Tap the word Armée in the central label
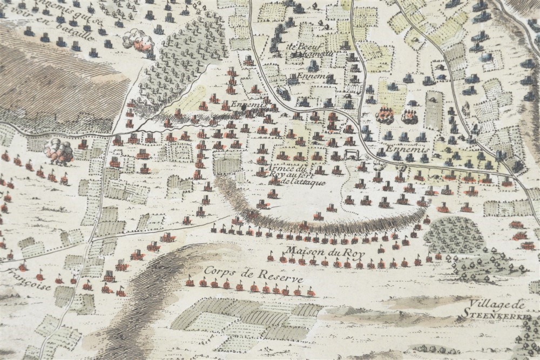point(269,167)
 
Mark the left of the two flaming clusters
point(384,114)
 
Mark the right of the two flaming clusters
point(409,116)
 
